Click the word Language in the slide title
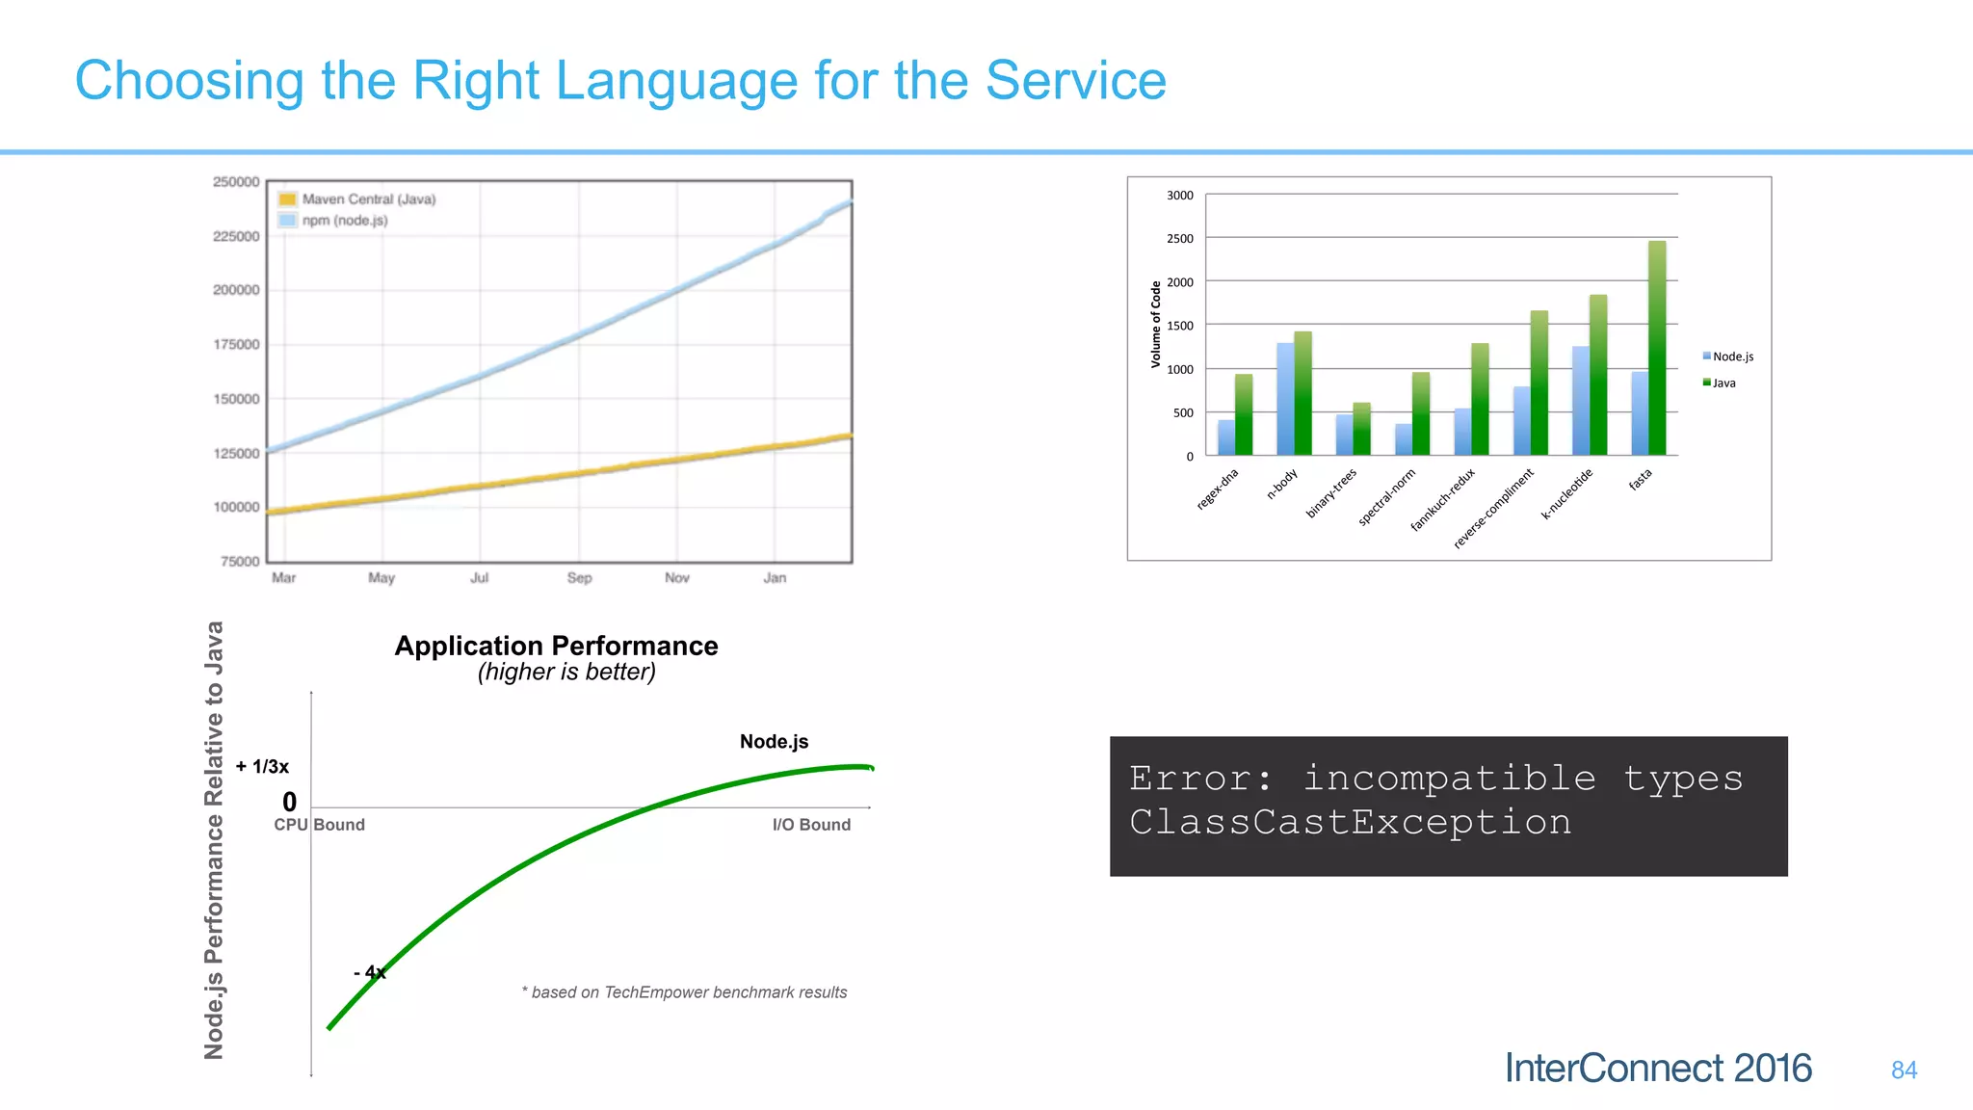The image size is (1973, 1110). click(675, 81)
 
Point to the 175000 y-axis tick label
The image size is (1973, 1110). click(236, 345)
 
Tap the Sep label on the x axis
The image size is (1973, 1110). click(579, 578)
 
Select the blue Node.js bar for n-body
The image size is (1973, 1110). click(1285, 399)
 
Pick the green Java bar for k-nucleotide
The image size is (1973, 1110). click(1598, 376)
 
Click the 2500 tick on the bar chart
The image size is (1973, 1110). click(1180, 239)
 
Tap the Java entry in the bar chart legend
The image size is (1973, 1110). click(1723, 383)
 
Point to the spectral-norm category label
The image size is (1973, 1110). click(1387, 497)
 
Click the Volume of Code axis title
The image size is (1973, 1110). click(1156, 325)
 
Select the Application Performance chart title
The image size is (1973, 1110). click(556, 646)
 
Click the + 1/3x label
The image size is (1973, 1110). click(262, 767)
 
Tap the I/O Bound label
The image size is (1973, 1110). click(811, 825)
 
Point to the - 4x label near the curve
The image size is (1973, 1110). click(370, 973)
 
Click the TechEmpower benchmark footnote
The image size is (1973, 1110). click(685, 992)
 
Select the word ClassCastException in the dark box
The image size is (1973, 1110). click(1350, 823)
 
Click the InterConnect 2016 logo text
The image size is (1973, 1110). click(1658, 1069)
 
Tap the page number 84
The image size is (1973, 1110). click(1904, 1070)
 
